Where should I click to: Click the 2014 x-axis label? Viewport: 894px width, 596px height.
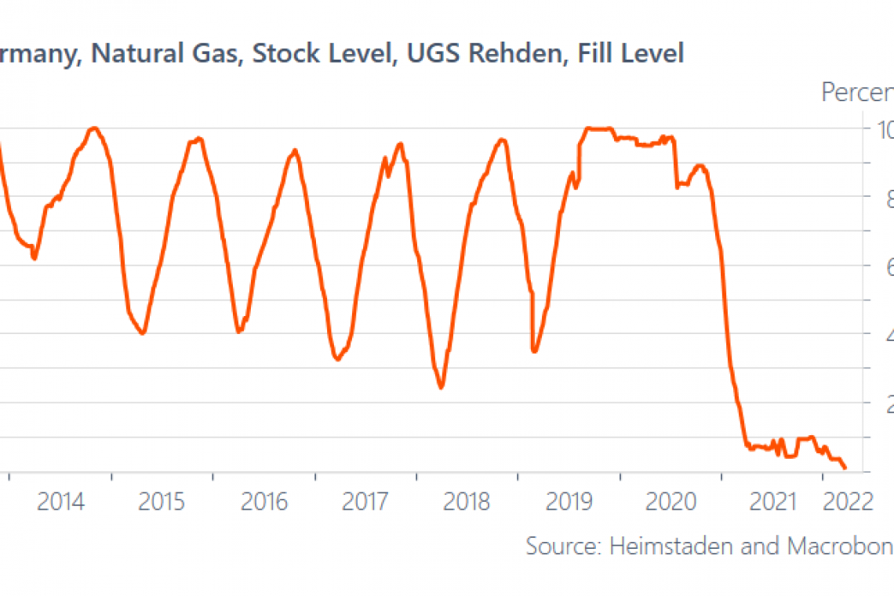point(60,501)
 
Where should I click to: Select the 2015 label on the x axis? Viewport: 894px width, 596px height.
point(162,501)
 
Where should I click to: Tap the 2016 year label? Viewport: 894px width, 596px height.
point(263,501)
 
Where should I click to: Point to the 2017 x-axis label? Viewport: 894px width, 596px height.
point(365,501)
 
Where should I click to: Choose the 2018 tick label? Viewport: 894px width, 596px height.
point(467,501)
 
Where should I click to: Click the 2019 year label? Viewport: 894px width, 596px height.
point(569,501)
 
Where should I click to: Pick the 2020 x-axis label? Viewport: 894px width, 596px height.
point(670,501)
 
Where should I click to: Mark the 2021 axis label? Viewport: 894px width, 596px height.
point(772,501)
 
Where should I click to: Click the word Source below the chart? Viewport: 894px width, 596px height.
point(564,546)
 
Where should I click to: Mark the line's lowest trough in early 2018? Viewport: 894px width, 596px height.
point(442,387)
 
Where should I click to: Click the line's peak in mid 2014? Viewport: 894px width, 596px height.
point(94,128)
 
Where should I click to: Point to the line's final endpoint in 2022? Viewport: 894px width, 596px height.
point(845,468)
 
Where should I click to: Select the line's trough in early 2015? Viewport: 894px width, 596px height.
point(142,334)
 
